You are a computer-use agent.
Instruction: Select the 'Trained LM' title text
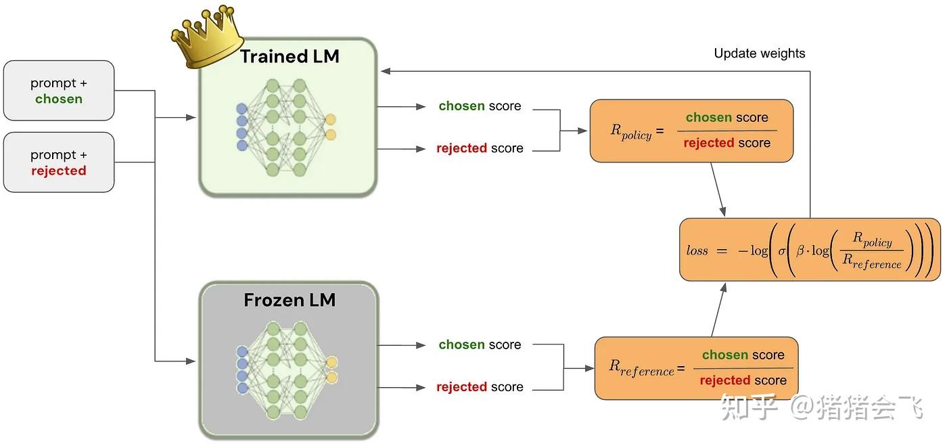click(290, 57)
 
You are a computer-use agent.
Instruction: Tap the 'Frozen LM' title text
click(290, 300)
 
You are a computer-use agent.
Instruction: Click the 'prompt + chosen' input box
click(59, 91)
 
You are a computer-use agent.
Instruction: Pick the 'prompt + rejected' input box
click(59, 162)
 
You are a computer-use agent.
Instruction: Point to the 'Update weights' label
click(760, 53)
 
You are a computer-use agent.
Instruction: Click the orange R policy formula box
click(691, 131)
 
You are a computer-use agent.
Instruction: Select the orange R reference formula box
click(696, 368)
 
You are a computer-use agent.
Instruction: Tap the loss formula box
click(810, 250)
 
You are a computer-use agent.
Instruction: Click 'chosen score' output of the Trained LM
click(480, 106)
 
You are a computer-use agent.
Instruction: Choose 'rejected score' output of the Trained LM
click(480, 148)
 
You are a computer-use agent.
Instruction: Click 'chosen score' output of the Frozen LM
click(480, 345)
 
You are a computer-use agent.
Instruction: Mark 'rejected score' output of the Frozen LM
click(480, 387)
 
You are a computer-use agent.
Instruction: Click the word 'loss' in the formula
click(697, 250)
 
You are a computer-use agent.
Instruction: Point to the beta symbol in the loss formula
click(800, 250)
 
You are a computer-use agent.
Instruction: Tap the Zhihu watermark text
click(821, 407)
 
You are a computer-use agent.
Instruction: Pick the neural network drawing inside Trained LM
click(287, 127)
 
